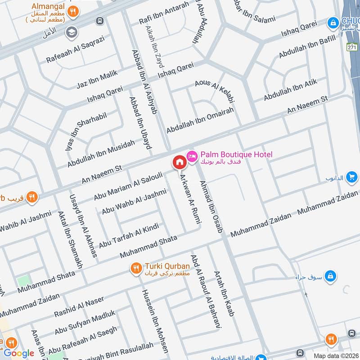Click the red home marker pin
[179, 162]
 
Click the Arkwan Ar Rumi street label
[191, 198]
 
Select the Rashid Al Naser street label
[79, 306]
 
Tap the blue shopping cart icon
[352, 178]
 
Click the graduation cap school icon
[71, 31]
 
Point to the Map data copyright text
[336, 355]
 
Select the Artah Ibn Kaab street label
[224, 295]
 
